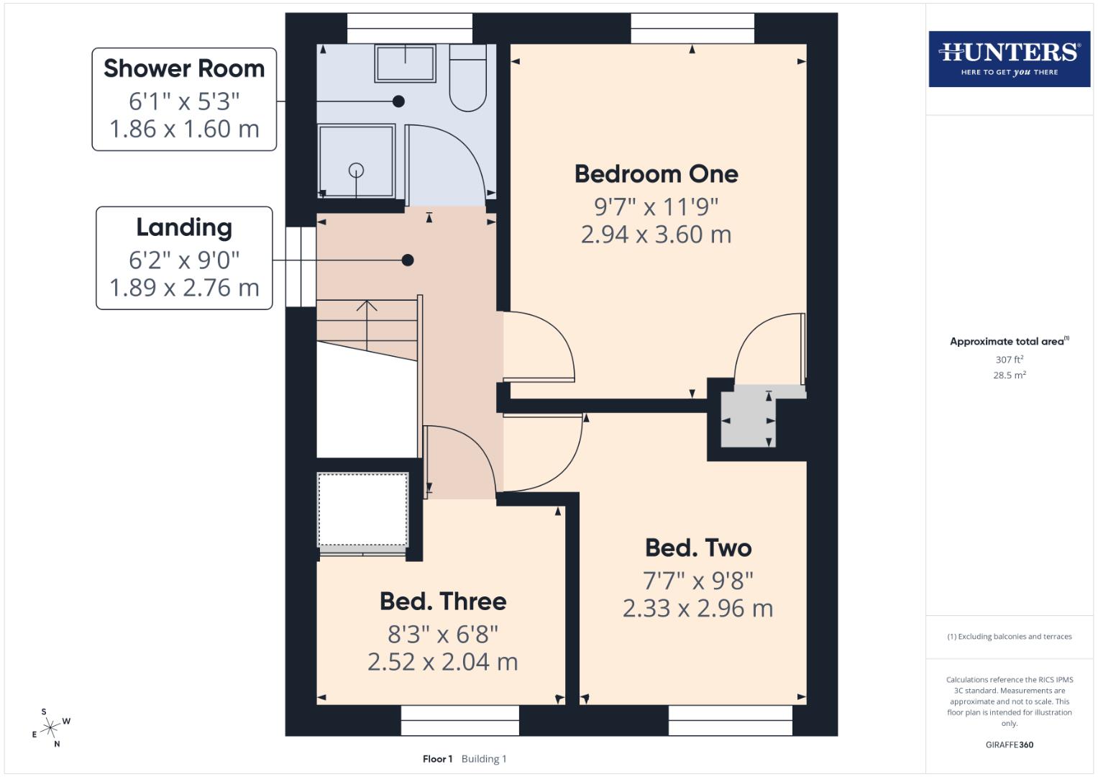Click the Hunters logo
1009,58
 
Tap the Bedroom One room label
656,174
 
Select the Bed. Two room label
698,548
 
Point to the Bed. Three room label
443,601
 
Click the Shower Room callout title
184,69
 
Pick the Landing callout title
184,227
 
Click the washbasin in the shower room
405,63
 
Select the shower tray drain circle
356,171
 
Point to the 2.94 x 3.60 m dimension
656,235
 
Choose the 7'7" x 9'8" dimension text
698,580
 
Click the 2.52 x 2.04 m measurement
443,662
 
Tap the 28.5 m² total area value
1009,375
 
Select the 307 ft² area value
1009,359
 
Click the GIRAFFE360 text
1009,745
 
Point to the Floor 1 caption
437,759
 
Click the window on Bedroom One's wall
692,28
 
